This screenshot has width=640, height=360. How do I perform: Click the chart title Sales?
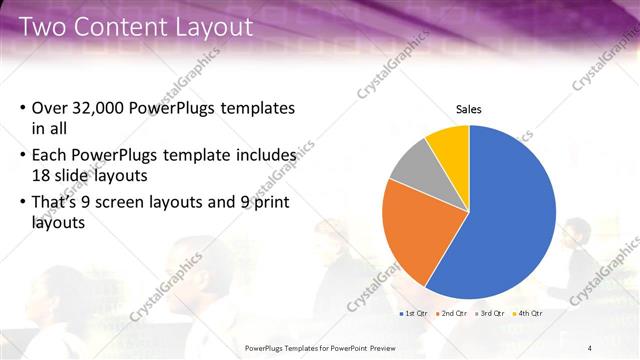point(468,109)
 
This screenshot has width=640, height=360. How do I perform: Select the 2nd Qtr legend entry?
point(454,313)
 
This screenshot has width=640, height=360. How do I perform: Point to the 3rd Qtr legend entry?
point(491,313)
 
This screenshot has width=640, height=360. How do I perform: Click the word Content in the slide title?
point(129,26)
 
